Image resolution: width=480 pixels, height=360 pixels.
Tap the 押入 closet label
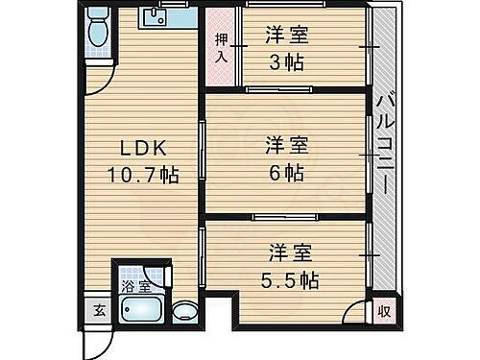[220, 47]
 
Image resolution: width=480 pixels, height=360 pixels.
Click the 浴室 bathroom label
[134, 286]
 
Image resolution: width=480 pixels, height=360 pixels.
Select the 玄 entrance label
[99, 309]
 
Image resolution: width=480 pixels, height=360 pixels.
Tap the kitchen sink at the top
[156, 17]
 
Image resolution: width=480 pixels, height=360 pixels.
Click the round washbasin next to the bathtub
[183, 311]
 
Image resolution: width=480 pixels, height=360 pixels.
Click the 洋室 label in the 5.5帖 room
[285, 254]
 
